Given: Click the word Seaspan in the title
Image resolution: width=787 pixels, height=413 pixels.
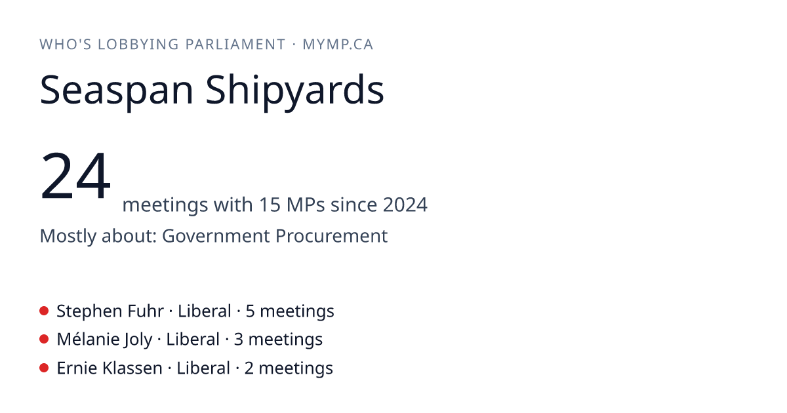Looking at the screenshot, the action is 117,90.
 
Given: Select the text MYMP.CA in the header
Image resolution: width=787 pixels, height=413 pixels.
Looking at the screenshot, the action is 338,45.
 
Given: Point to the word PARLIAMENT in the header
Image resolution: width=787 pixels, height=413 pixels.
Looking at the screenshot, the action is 235,45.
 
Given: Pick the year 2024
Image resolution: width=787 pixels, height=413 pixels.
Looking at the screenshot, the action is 405,205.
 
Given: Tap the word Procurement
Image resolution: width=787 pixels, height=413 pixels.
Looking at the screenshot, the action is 332,235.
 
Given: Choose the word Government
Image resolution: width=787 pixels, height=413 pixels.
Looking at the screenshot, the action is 216,235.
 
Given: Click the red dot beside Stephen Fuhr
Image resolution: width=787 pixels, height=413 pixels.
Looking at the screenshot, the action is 44,311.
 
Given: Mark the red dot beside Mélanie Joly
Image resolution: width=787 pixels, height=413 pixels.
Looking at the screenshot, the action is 44,340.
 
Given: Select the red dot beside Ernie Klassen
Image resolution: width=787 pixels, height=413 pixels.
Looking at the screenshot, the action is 44,368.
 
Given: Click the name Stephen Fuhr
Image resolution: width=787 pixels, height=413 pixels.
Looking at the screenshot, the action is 110,311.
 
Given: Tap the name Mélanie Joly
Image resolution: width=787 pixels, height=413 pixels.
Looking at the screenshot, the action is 104,340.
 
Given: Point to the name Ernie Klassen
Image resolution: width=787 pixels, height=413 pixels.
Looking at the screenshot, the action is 110,368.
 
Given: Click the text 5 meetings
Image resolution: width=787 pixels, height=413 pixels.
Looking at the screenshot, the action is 290,311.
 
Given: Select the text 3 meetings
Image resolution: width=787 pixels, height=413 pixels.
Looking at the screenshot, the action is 278,340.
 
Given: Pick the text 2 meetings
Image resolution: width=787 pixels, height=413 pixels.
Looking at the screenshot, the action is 289,368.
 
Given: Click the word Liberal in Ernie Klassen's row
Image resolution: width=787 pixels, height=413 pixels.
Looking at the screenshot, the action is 203,368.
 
